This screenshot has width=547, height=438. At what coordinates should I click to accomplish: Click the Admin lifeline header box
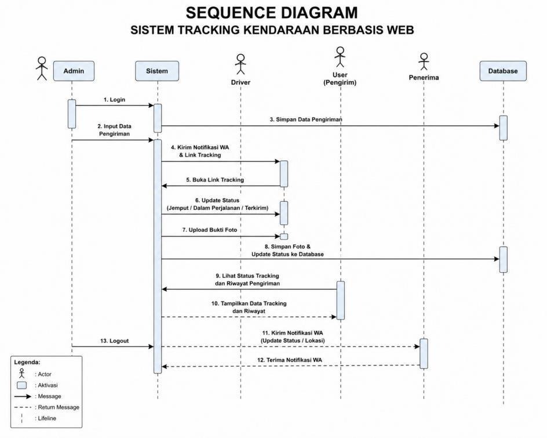(x=74, y=71)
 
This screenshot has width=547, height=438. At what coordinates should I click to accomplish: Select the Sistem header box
(x=157, y=71)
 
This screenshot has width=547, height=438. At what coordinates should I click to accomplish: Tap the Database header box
(x=503, y=71)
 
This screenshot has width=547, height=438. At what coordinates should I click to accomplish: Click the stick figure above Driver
(x=240, y=64)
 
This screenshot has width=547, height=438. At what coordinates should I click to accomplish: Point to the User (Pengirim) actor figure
(x=340, y=57)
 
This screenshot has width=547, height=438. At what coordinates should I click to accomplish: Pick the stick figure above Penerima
(x=424, y=61)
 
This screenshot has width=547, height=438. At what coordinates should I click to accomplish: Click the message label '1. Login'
(x=114, y=100)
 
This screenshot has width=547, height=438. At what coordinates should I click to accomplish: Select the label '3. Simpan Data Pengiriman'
(x=306, y=120)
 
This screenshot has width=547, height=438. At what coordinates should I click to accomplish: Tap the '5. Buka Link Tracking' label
(x=215, y=180)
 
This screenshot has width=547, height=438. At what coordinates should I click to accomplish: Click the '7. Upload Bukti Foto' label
(x=210, y=230)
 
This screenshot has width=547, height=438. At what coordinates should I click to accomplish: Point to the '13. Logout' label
(x=114, y=341)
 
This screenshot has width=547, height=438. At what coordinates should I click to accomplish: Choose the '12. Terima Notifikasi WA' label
(x=290, y=360)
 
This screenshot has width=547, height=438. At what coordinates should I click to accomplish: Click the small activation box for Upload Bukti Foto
(x=284, y=237)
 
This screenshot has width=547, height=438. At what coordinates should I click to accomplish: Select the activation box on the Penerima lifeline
(x=424, y=353)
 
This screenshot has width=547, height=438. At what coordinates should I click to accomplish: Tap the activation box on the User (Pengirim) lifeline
(x=341, y=301)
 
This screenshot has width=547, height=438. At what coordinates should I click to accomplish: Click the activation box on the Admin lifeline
(x=72, y=114)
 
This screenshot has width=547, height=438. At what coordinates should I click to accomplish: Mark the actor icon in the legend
(x=21, y=373)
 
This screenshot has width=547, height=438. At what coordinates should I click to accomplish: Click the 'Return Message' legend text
(x=59, y=407)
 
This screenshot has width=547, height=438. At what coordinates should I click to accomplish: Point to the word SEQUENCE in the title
(x=230, y=13)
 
